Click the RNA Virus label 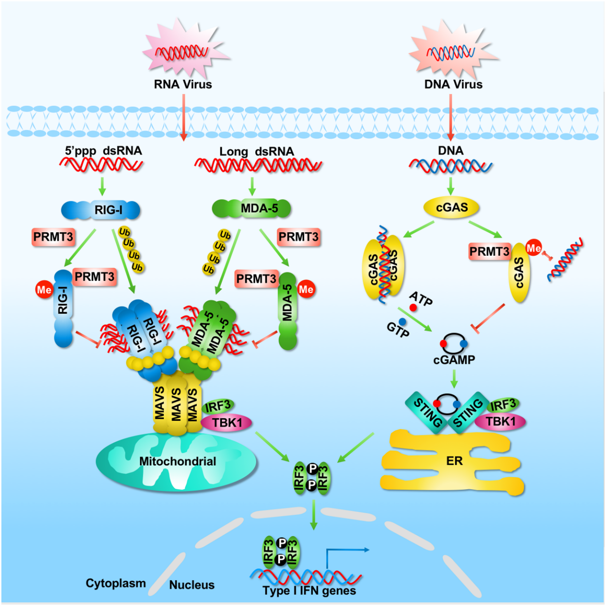183,84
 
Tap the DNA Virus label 453,84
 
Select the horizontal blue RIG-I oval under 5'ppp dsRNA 101,210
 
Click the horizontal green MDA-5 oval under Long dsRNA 252,208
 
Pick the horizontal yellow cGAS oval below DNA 452,208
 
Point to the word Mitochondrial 177,461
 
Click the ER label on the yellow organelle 454,461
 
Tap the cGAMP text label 454,360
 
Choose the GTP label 398,329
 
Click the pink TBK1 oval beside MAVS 227,423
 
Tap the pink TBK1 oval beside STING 501,421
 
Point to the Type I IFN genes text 309,591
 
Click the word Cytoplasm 115,583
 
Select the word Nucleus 192,585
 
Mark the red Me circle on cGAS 533,248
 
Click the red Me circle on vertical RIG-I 44,290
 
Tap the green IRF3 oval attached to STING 503,405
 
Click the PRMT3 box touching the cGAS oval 490,251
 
